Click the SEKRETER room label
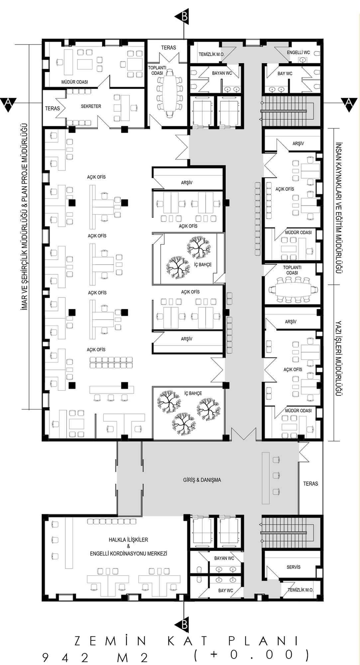tap(91, 106)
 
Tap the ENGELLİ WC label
tap(299, 53)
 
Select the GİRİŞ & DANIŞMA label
tap(202, 480)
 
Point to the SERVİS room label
tap(294, 567)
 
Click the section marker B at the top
tap(185, 16)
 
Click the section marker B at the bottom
tap(184, 625)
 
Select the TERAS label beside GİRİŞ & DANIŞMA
tap(310, 484)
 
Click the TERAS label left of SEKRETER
tap(53, 108)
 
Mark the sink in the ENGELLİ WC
tap(302, 60)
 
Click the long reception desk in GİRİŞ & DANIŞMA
tap(265, 478)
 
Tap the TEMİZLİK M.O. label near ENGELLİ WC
tap(211, 54)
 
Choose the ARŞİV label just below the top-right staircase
tap(298, 144)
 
